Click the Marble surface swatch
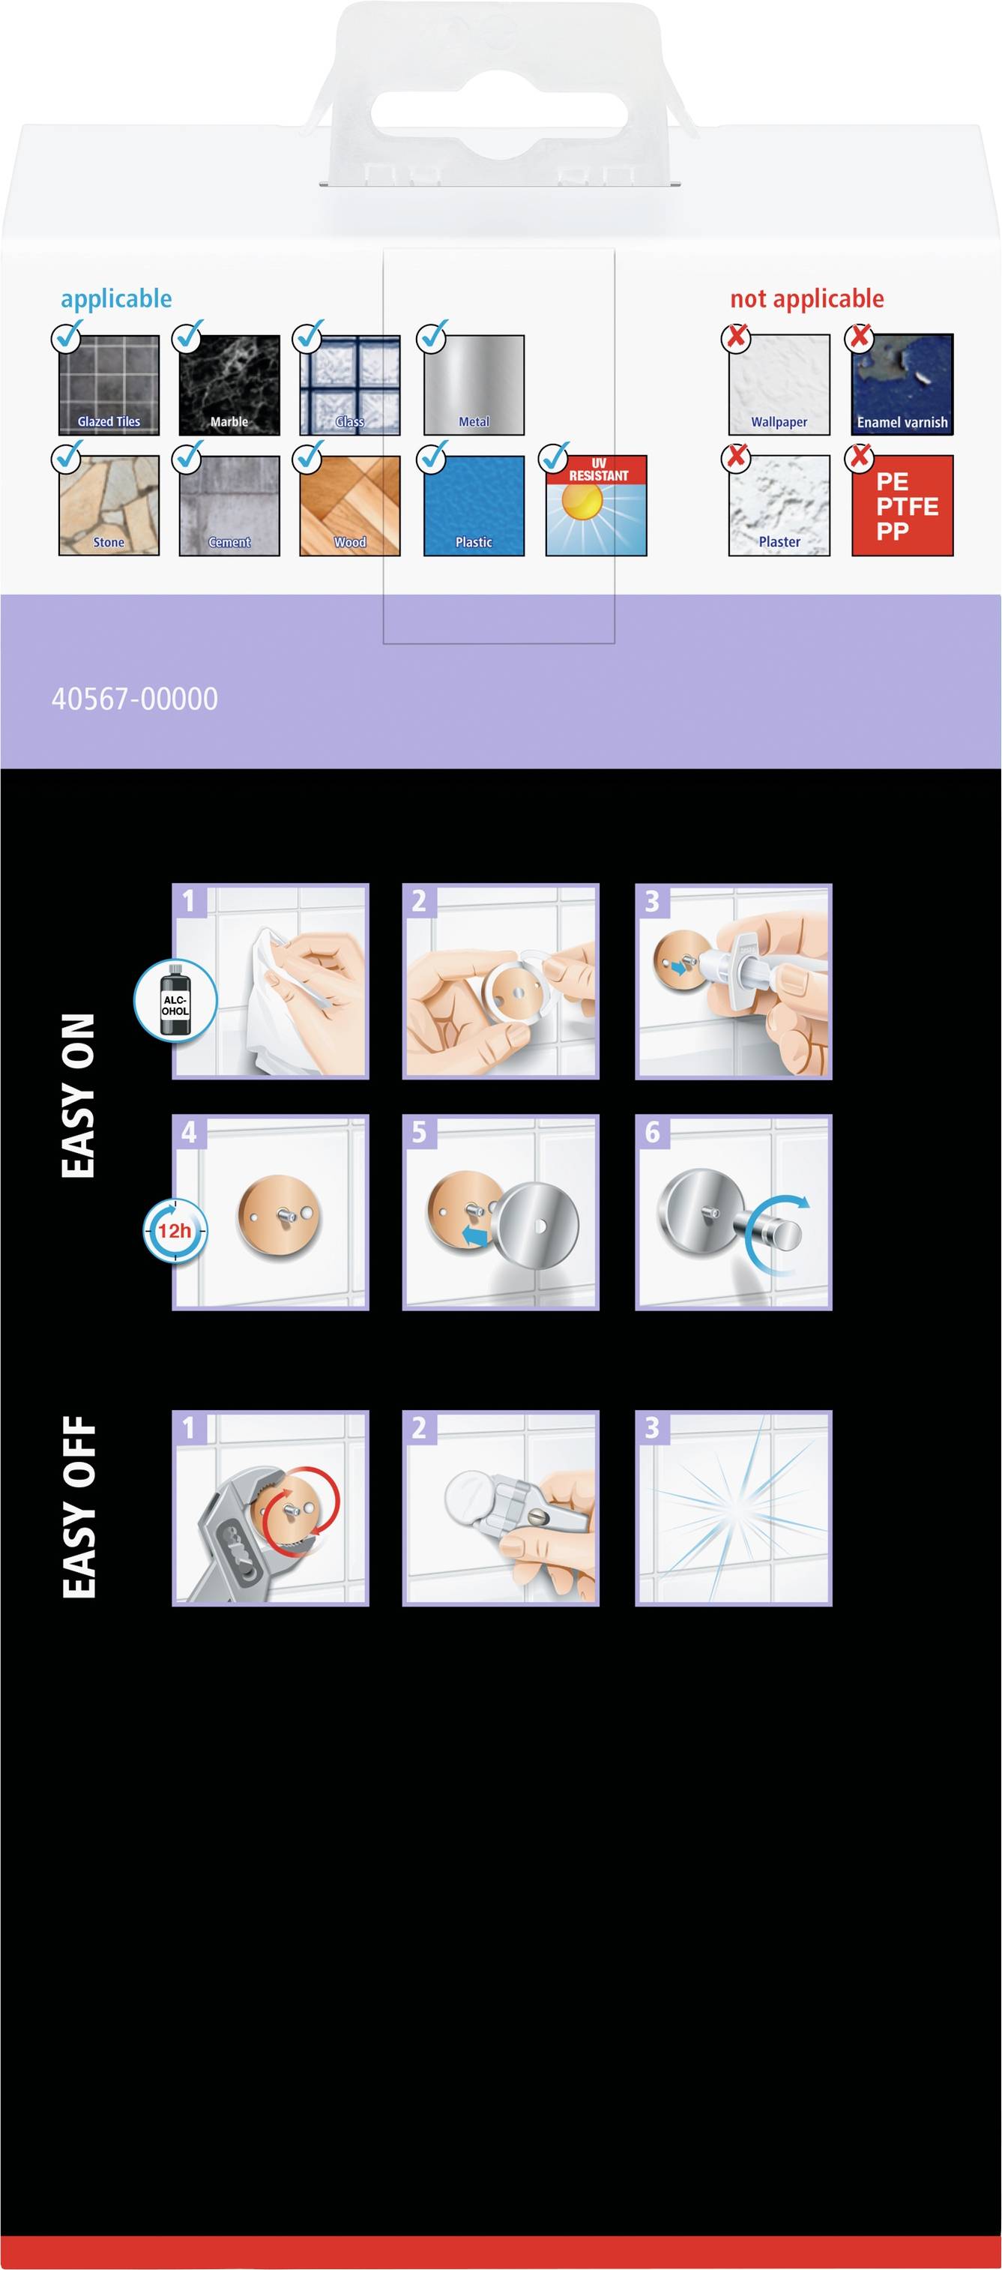229,385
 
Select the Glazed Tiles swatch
109,385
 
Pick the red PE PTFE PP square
902,505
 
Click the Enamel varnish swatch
902,385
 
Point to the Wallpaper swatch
779,385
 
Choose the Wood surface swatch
350,505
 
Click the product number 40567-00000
135,699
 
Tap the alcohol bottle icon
175,1001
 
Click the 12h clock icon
175,1230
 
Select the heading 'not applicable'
806,298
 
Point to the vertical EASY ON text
79,1095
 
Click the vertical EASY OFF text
79,1507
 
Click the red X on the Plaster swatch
736,457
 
